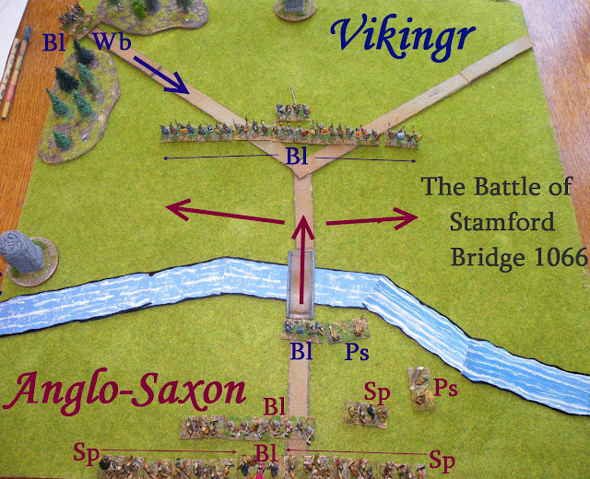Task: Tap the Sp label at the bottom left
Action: [84, 451]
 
